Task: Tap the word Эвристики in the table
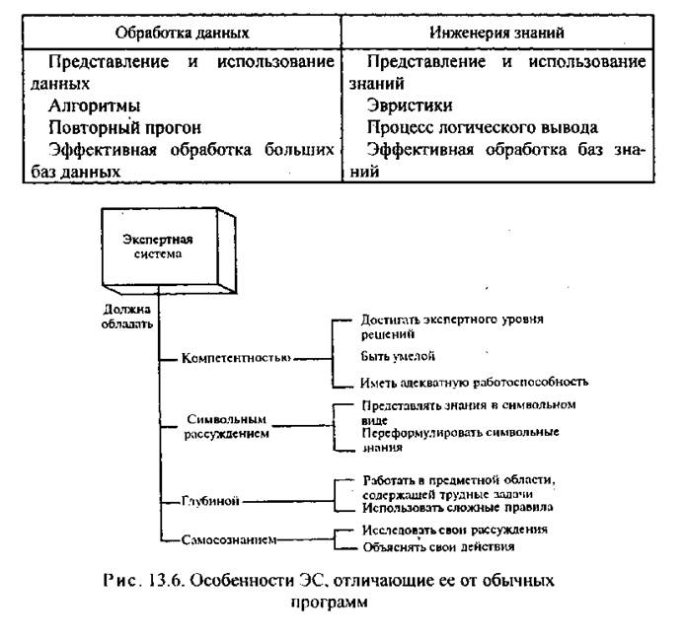pos(406,106)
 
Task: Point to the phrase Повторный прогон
pos(124,127)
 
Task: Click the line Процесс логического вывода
pos(484,127)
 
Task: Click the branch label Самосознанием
pos(223,539)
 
